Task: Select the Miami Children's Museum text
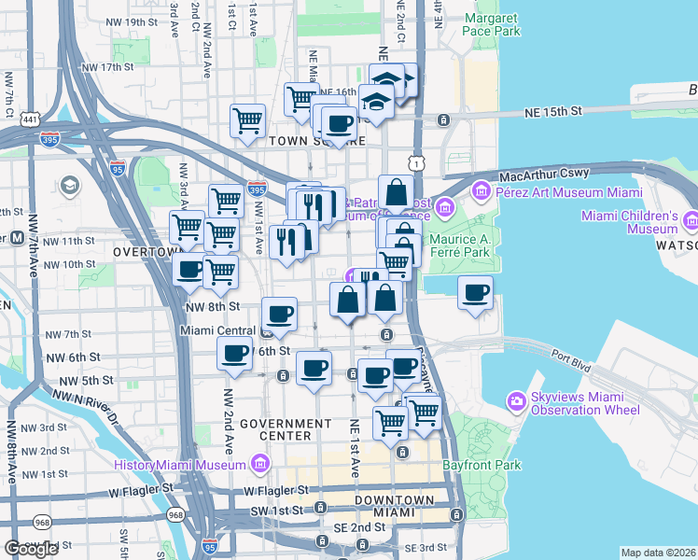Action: (x=629, y=222)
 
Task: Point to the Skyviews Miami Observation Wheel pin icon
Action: (x=516, y=402)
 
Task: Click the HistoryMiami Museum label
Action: (x=180, y=465)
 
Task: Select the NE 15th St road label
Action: (x=551, y=111)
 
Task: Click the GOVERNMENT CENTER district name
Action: (x=286, y=429)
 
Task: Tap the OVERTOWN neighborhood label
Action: (x=145, y=252)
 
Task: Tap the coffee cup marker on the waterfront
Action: (x=475, y=294)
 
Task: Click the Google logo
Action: (x=31, y=549)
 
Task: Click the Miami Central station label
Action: (x=217, y=330)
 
